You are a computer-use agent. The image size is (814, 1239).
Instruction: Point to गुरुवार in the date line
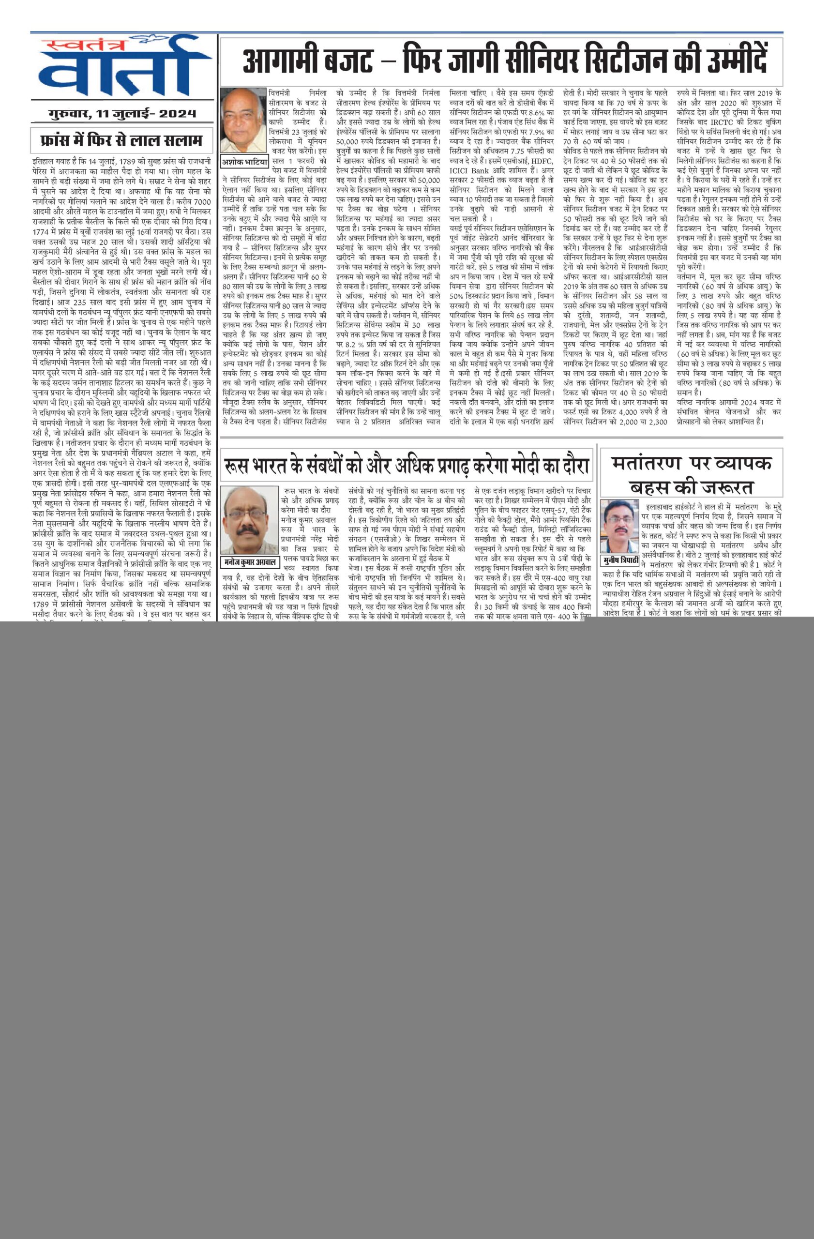click(x=67, y=113)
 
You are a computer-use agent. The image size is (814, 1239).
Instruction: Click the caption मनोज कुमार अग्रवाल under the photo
click(x=250, y=562)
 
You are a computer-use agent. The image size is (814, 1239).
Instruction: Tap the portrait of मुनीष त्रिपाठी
click(x=619, y=526)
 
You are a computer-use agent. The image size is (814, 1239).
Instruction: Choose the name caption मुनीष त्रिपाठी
click(x=619, y=560)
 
